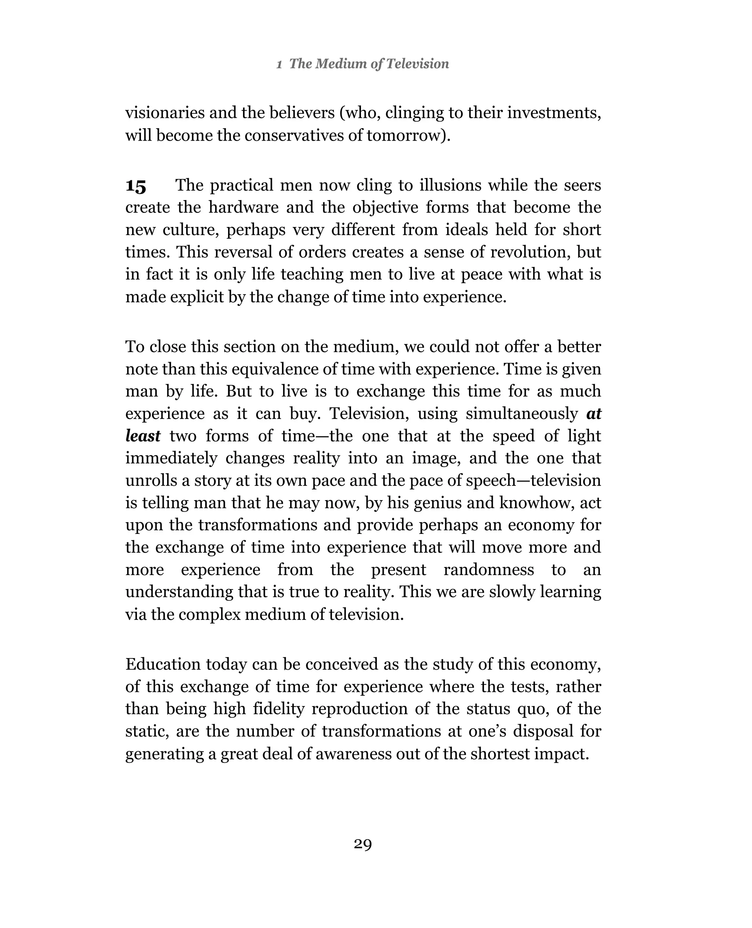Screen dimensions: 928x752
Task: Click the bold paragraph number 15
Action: [x=135, y=187]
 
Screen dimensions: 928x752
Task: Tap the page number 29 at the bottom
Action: [x=362, y=844]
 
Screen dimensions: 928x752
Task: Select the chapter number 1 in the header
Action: [x=279, y=65]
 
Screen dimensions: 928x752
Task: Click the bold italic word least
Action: [x=142, y=436]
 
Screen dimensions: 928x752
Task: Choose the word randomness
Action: [x=489, y=570]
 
